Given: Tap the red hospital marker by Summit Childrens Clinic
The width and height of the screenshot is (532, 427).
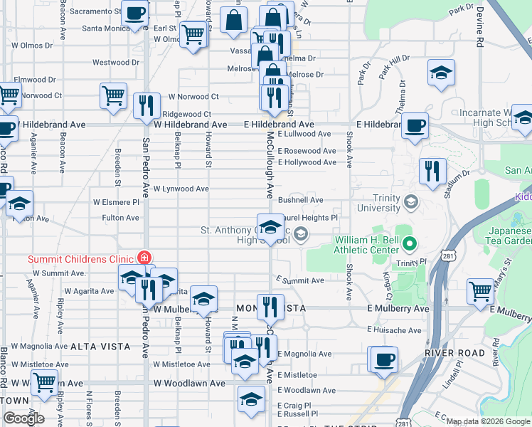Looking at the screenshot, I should [144, 258].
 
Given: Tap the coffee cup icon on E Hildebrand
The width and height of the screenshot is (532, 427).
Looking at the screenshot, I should [415, 125].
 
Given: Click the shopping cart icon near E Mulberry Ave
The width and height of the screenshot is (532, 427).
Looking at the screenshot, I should [481, 290].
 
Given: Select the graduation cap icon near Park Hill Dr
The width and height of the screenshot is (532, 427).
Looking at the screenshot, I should [441, 73].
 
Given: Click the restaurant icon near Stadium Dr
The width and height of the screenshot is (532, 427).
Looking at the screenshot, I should [432, 171].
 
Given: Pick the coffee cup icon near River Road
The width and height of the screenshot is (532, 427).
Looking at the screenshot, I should [384, 358].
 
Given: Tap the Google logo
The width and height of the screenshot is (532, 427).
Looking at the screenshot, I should [23, 418].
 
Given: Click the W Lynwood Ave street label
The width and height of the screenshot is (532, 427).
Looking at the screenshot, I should [181, 189].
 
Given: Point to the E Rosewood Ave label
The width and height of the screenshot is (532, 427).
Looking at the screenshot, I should [307, 151].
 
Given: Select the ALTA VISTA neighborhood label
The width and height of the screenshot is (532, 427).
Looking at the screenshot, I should [100, 347].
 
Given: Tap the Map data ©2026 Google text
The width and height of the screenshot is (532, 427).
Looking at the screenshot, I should [488, 421].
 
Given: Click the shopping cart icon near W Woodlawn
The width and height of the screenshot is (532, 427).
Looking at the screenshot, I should [45, 382].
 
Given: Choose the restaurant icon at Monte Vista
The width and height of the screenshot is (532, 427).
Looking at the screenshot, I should [270, 307].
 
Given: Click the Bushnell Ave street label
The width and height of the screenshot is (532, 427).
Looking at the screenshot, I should [301, 201].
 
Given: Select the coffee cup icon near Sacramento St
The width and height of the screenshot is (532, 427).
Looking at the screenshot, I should [134, 12].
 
